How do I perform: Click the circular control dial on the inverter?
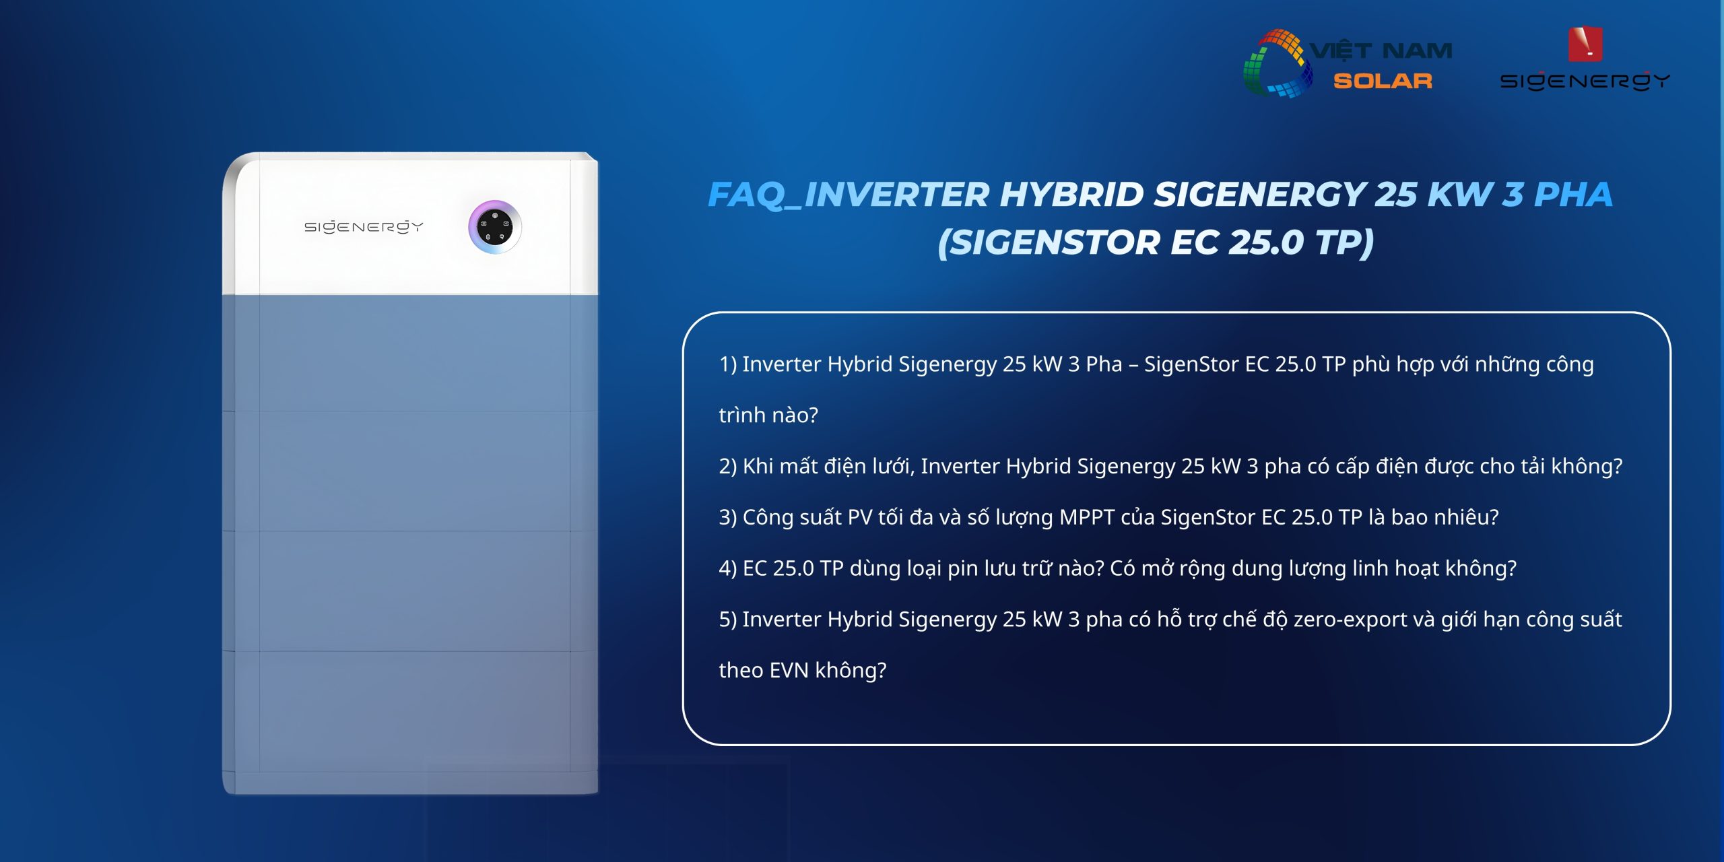click(x=495, y=227)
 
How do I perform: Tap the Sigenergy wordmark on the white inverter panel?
click(x=364, y=227)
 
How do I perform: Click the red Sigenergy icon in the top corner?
click(x=1585, y=44)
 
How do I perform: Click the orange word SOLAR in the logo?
click(x=1383, y=81)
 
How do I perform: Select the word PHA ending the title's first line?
click(x=1573, y=195)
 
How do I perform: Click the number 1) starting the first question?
click(x=728, y=364)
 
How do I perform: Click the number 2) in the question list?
click(x=728, y=466)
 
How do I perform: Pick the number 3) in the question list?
click(x=728, y=517)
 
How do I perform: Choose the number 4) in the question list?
click(x=728, y=568)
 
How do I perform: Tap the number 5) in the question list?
click(x=728, y=620)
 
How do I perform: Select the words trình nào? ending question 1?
click(x=768, y=416)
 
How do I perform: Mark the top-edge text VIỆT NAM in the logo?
click(x=1381, y=51)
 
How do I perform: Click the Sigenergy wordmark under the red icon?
click(x=1585, y=81)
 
